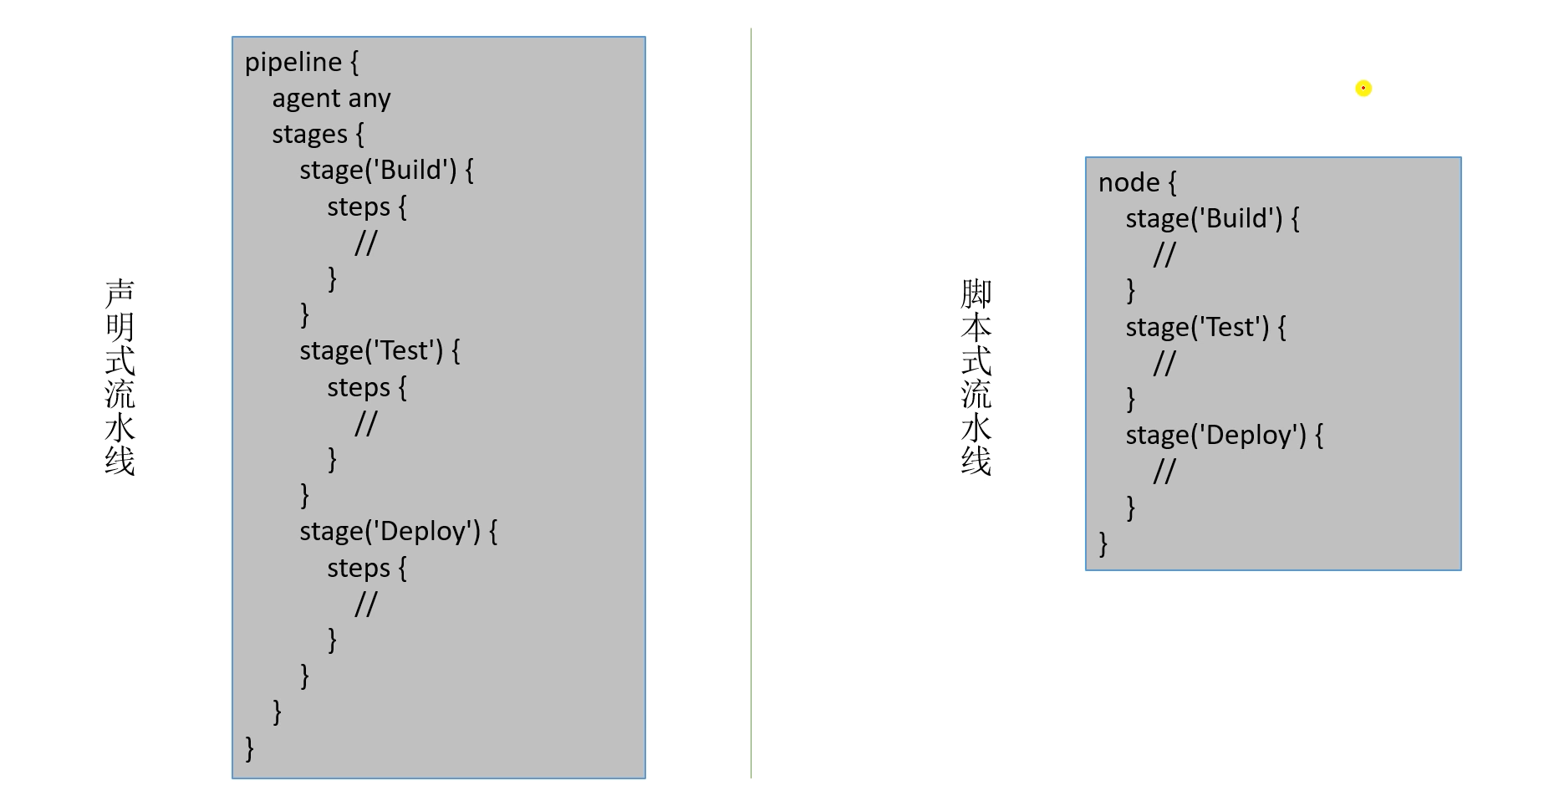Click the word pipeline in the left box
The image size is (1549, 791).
tap(293, 63)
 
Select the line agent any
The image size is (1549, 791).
tap(331, 99)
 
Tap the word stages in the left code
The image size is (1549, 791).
tap(308, 135)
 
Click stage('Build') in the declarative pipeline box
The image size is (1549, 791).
tap(378, 171)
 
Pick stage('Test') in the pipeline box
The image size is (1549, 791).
tap(371, 351)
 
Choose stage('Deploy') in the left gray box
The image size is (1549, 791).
tap(390, 532)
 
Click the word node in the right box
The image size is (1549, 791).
tap(1129, 183)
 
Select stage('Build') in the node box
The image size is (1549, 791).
tap(1204, 219)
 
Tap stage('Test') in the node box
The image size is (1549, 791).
tap(1197, 328)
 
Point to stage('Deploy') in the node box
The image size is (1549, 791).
tap(1215, 436)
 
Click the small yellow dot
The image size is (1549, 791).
tap(1363, 88)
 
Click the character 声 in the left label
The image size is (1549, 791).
tap(120, 293)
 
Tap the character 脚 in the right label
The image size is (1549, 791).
tap(976, 293)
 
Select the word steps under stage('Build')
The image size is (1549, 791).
tap(358, 207)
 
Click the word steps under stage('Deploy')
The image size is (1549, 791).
tap(358, 569)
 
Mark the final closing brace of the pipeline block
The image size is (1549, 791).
tap(249, 748)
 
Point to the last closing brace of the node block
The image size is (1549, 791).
tap(1103, 543)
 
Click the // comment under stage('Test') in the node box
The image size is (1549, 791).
tap(1164, 364)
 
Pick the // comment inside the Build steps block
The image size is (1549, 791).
tap(365, 243)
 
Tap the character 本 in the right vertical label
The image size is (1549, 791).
tap(976, 327)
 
